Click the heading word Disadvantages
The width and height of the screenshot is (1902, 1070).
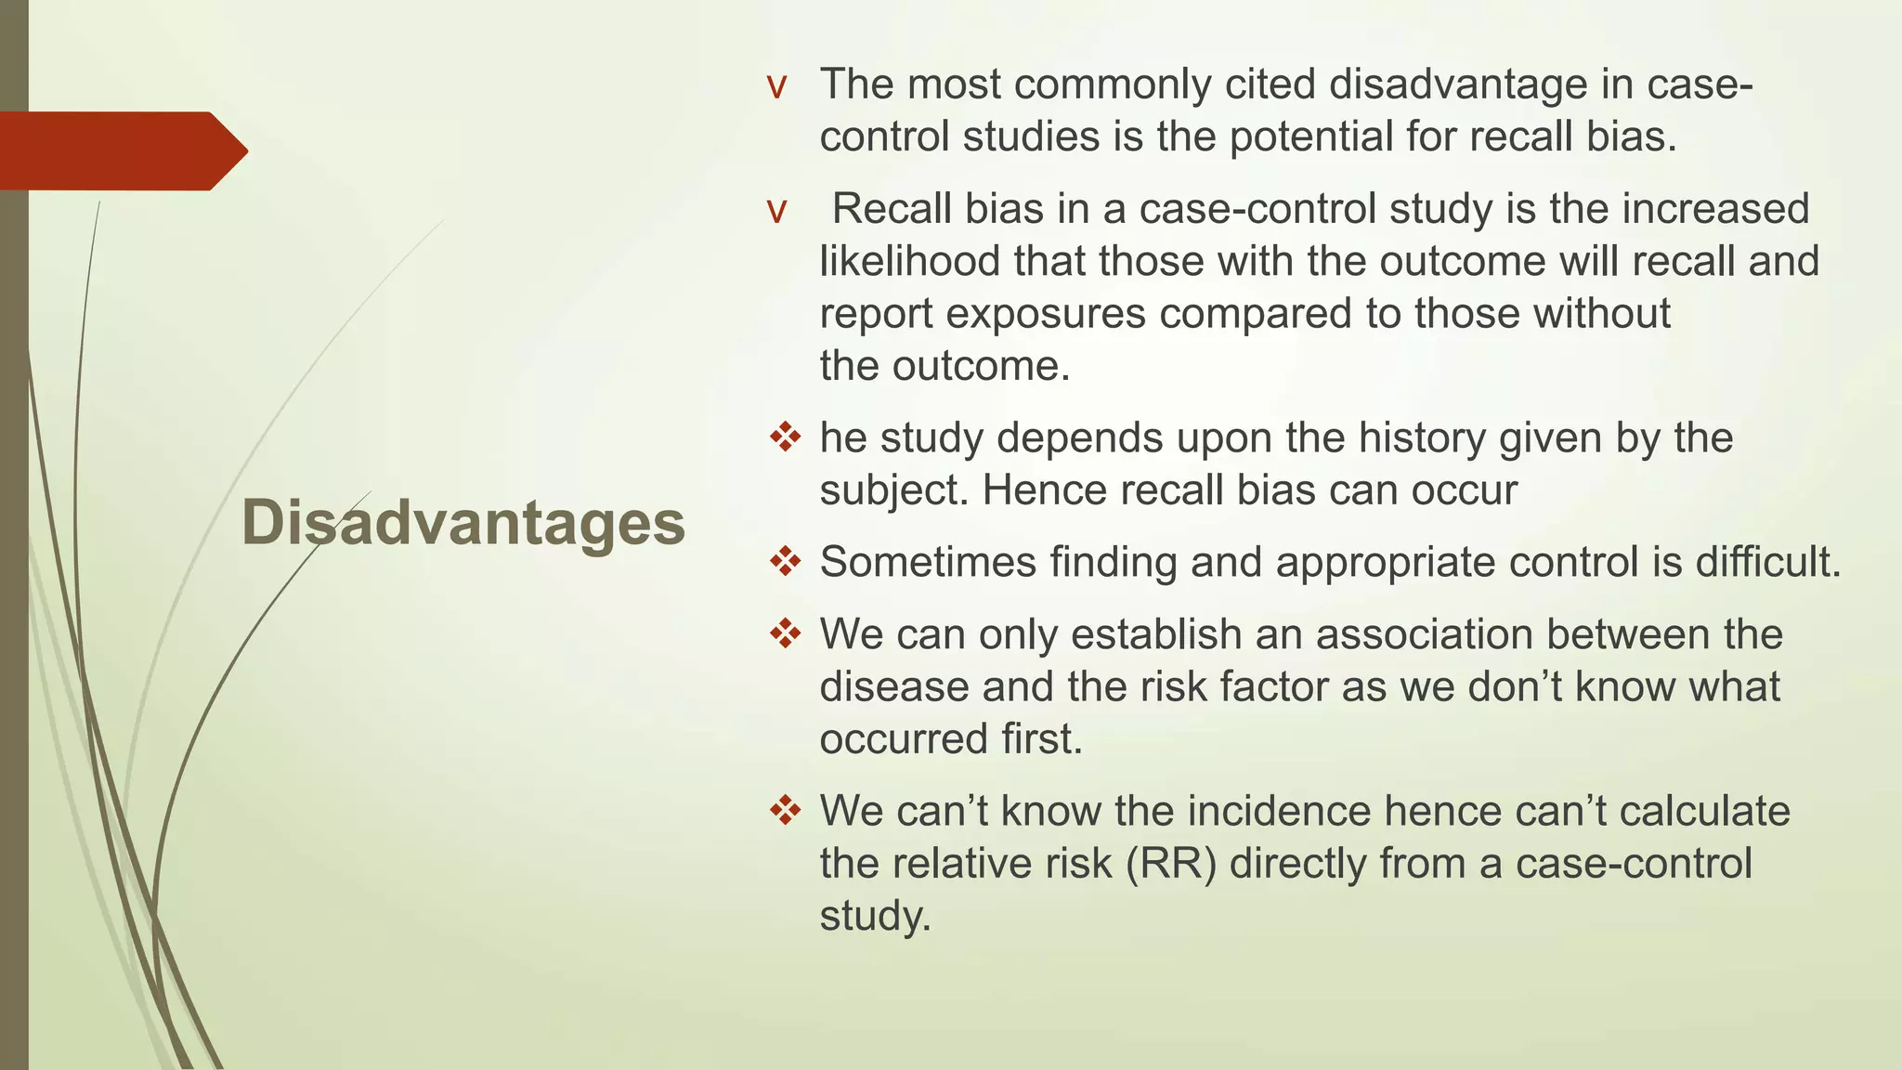[462, 523]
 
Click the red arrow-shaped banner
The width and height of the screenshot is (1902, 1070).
[121, 151]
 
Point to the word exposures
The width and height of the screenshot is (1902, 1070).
[1045, 313]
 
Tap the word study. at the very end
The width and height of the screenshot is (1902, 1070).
[874, 916]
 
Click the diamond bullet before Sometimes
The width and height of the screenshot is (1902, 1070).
[785, 561]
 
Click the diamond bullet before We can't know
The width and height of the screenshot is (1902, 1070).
[785, 810]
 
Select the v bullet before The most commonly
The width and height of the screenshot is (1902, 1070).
[776, 87]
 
